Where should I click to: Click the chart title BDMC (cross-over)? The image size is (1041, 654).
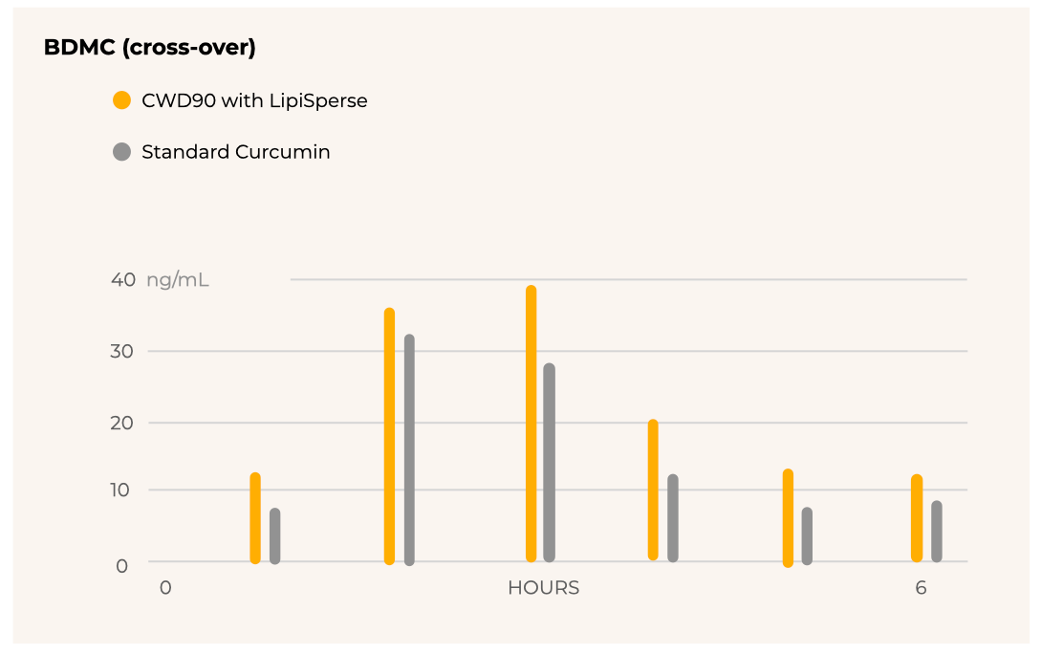[149, 48]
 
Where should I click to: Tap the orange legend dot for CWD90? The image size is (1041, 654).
[121, 100]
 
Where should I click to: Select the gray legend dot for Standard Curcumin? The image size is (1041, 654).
[121, 152]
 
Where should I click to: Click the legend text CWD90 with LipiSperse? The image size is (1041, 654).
[254, 100]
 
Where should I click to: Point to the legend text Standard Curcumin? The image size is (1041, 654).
[236, 152]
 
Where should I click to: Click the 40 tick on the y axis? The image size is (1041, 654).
[123, 280]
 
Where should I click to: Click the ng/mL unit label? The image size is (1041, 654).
[178, 280]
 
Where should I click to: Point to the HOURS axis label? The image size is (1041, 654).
[543, 588]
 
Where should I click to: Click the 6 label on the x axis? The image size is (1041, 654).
[921, 588]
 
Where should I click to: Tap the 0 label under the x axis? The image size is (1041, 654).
[165, 588]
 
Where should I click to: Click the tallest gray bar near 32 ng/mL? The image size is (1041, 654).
[409, 449]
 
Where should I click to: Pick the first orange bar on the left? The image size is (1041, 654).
[255, 518]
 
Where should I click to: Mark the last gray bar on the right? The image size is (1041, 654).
[937, 532]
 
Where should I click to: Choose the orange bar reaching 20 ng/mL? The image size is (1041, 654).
[653, 490]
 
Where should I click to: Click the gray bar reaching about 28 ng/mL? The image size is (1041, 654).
[550, 463]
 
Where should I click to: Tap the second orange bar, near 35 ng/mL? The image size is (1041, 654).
[389, 436]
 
